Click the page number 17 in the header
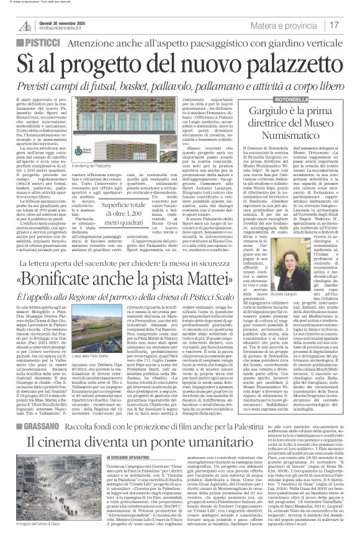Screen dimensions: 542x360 click(x=335, y=25)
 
